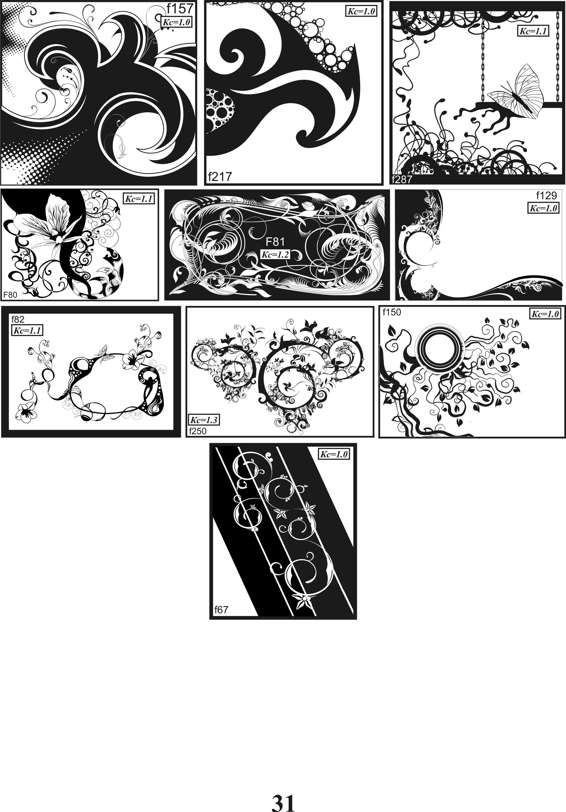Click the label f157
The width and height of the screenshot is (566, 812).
coord(180,8)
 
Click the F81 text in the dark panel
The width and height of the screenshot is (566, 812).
coord(275,242)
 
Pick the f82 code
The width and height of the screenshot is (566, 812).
coord(18,319)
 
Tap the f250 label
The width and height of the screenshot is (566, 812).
coord(198,431)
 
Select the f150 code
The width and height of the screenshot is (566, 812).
coord(392,312)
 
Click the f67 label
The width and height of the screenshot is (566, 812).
coord(221,610)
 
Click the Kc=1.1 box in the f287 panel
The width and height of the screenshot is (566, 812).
coord(533,31)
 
